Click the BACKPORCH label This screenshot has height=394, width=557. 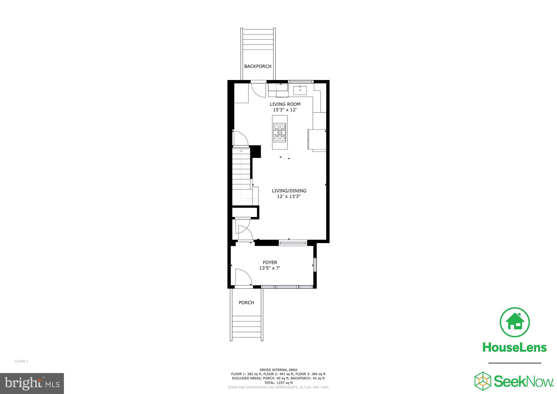point(258,66)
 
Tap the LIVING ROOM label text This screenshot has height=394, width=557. point(285,104)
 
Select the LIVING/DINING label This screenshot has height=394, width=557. point(289,191)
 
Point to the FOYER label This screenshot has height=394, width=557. point(270,262)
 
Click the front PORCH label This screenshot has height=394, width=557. point(246,303)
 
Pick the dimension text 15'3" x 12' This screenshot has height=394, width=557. point(285,110)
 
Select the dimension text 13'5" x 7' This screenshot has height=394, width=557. point(270,268)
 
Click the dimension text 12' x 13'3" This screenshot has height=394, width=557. point(289,196)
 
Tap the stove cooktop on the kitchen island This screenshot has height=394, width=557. point(280,133)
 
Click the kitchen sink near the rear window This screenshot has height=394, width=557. point(300,90)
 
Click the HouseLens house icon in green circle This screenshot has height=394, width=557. point(515,322)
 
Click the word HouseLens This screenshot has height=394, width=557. point(515,347)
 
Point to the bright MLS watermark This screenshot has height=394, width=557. point(32,383)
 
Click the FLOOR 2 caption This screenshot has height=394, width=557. point(21,361)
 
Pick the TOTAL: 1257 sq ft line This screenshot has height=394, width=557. point(278,383)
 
